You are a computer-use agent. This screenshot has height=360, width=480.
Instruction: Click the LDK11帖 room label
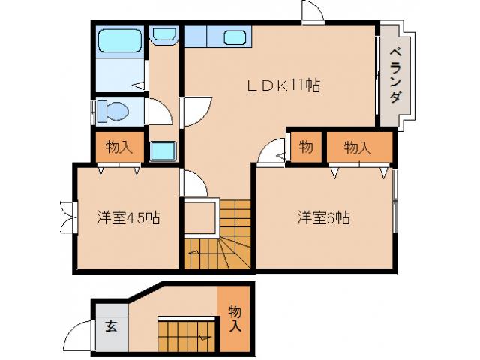click(x=283, y=85)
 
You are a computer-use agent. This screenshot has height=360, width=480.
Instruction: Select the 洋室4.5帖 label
click(x=127, y=218)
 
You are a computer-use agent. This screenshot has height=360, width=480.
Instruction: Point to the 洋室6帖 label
click(x=323, y=218)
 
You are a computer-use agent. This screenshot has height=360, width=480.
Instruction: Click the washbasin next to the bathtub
click(x=163, y=34)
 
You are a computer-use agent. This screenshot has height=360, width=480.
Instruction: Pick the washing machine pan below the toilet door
click(x=163, y=150)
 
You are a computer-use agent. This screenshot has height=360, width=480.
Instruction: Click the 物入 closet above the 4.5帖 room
click(x=119, y=147)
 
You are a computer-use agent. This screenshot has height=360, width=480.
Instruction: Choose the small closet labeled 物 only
click(x=306, y=147)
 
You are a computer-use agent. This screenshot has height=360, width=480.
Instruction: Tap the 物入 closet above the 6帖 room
click(x=358, y=147)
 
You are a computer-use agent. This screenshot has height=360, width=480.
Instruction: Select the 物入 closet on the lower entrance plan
click(x=235, y=319)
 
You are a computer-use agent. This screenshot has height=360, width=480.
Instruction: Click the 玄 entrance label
click(x=111, y=326)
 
